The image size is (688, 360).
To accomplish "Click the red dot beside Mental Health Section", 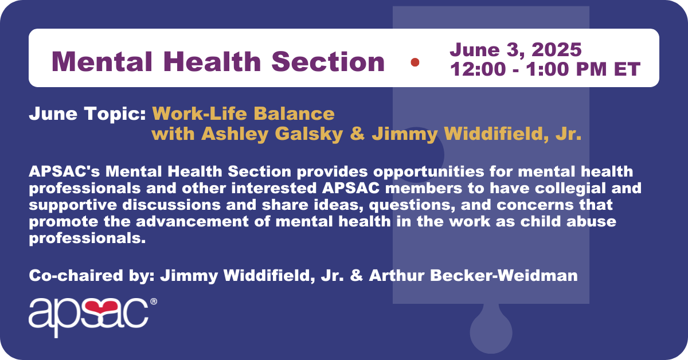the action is [x=415, y=62].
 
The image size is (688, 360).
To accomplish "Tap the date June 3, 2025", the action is [x=515, y=49].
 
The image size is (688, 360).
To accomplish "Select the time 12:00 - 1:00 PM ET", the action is [x=545, y=69].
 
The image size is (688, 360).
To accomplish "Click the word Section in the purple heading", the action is [x=328, y=61].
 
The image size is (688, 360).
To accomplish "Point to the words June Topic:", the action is [x=87, y=114].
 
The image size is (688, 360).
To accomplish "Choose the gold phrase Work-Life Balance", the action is [x=243, y=114].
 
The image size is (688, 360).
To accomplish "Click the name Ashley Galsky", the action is [x=272, y=134].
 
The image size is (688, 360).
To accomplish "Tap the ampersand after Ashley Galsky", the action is [x=358, y=134].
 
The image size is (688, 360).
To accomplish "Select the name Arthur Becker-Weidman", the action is [x=474, y=275].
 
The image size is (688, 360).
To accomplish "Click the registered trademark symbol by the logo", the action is [x=154, y=302].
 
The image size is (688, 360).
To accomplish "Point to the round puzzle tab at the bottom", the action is [x=491, y=332].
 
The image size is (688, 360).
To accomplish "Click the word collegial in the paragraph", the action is [x=570, y=188].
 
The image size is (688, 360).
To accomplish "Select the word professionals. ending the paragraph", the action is [x=87, y=238].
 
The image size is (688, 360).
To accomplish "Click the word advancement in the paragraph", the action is [x=192, y=222].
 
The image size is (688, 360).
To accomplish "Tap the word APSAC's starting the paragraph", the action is [x=64, y=171].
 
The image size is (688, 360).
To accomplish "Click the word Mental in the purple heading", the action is [x=102, y=61].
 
